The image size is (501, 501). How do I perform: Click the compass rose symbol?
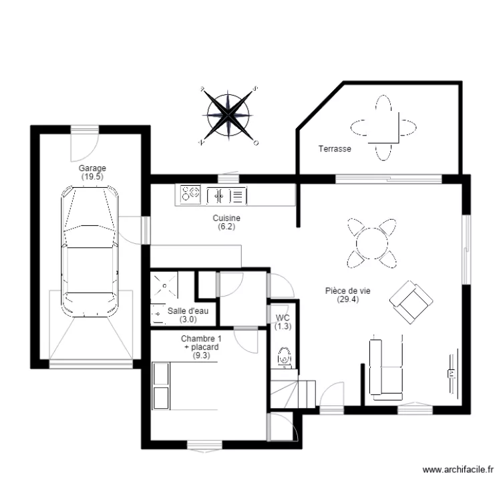(x=229, y=114)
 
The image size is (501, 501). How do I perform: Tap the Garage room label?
(x=92, y=173)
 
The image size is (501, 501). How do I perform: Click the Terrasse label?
(x=334, y=149)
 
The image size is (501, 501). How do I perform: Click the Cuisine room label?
(x=226, y=222)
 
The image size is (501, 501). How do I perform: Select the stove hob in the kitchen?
(x=190, y=194)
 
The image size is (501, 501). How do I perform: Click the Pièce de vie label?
(x=347, y=295)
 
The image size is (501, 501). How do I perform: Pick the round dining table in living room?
(x=371, y=241)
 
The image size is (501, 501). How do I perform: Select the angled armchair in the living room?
(x=410, y=301)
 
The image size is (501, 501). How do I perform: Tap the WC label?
(x=283, y=322)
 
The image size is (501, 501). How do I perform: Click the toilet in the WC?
(x=284, y=357)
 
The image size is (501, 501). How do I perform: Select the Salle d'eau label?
(x=188, y=315)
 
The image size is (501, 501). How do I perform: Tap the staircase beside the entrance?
(x=293, y=391)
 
